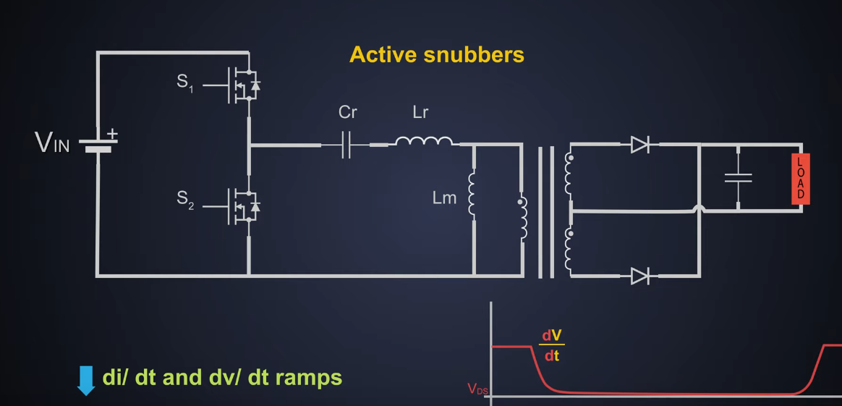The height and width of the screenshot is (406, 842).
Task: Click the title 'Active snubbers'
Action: point(436,54)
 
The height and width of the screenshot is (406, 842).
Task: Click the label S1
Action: point(185,83)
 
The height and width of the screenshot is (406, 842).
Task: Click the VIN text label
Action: point(52,143)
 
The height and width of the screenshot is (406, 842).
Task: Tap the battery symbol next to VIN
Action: point(98,143)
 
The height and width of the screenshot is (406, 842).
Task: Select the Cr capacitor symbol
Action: point(346,145)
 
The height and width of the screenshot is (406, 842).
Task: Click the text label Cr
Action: point(348,113)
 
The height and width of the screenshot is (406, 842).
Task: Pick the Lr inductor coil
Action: point(425,141)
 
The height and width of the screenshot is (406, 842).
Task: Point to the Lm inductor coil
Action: point(472,194)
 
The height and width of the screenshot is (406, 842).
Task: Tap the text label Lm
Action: point(444,198)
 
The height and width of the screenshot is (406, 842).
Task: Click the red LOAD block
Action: point(800,179)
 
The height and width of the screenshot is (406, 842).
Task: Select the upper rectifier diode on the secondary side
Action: point(639,145)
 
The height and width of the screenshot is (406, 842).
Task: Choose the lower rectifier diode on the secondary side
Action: point(639,276)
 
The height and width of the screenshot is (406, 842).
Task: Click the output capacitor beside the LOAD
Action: point(738,178)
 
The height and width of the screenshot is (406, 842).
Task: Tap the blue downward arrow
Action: point(87,380)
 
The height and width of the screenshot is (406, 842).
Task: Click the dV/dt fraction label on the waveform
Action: point(552,346)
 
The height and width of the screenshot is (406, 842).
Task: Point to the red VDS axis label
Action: point(477,389)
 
